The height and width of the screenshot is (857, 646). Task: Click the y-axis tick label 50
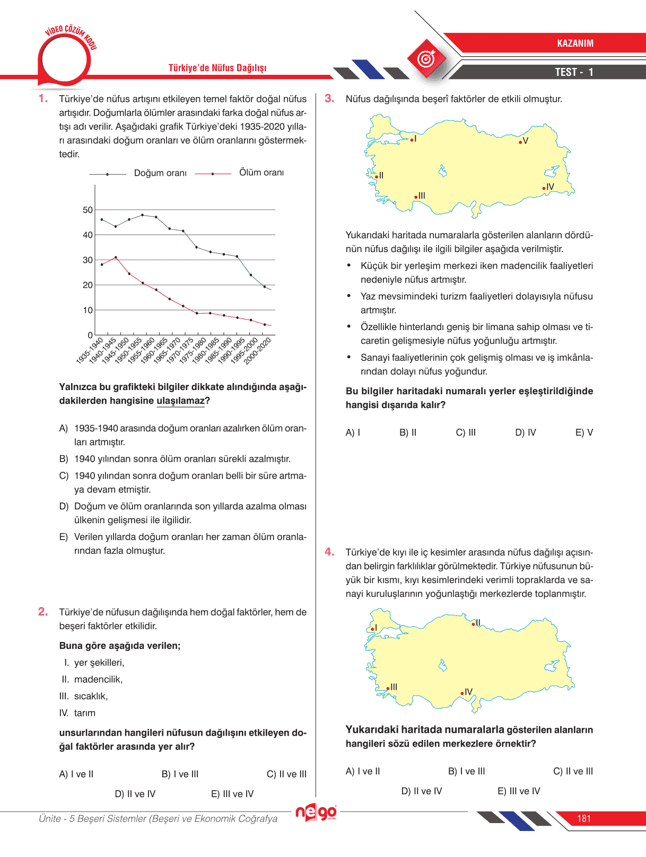[88, 210]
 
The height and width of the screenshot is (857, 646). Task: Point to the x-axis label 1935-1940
[90, 351]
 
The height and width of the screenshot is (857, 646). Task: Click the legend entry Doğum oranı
[160, 173]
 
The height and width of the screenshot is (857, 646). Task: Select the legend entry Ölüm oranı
[261, 172]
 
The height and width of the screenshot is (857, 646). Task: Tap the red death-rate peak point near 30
[116, 257]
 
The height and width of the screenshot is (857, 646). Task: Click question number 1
[43, 99]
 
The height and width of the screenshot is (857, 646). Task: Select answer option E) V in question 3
[584, 432]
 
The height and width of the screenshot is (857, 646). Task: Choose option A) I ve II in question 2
[76, 774]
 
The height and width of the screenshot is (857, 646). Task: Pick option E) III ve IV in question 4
[519, 791]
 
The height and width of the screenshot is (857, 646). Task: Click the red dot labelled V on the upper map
[520, 142]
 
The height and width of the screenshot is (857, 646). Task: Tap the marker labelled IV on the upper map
[544, 188]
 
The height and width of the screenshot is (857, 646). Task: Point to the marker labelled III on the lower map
[388, 689]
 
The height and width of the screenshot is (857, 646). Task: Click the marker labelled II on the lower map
[474, 624]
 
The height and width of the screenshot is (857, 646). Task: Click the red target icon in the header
[426, 58]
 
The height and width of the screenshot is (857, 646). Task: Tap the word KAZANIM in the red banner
[575, 44]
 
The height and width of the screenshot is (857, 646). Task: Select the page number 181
[583, 819]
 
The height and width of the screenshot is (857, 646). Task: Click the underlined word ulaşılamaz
[180, 401]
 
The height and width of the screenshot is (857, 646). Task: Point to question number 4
[329, 552]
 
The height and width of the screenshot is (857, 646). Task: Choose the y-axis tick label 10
[88, 310]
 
